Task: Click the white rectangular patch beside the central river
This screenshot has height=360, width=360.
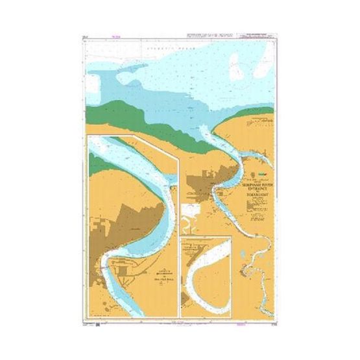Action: click(190, 210)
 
